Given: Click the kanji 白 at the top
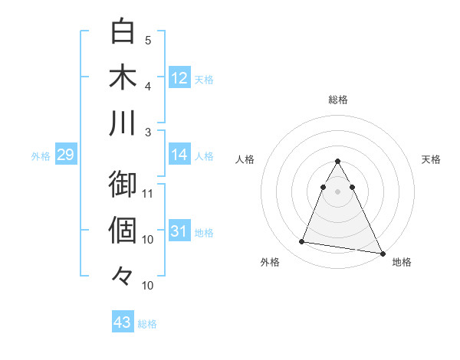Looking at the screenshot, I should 123,32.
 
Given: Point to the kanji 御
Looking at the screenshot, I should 123,185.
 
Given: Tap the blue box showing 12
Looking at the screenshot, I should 179,77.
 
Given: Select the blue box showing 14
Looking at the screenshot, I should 179,155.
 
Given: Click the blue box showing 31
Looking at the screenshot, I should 179,231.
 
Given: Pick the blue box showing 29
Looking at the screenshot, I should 65,155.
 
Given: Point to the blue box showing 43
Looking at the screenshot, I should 123,322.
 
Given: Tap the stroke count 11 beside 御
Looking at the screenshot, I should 148,192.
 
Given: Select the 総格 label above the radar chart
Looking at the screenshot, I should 338,100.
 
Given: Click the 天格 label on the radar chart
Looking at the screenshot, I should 432,159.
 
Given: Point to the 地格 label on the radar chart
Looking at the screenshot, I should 402,262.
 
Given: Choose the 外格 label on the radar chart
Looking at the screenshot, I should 270,262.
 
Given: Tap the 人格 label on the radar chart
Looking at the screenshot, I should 246,159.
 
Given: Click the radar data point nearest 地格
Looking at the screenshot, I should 383,254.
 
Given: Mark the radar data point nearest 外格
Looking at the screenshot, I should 302,242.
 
